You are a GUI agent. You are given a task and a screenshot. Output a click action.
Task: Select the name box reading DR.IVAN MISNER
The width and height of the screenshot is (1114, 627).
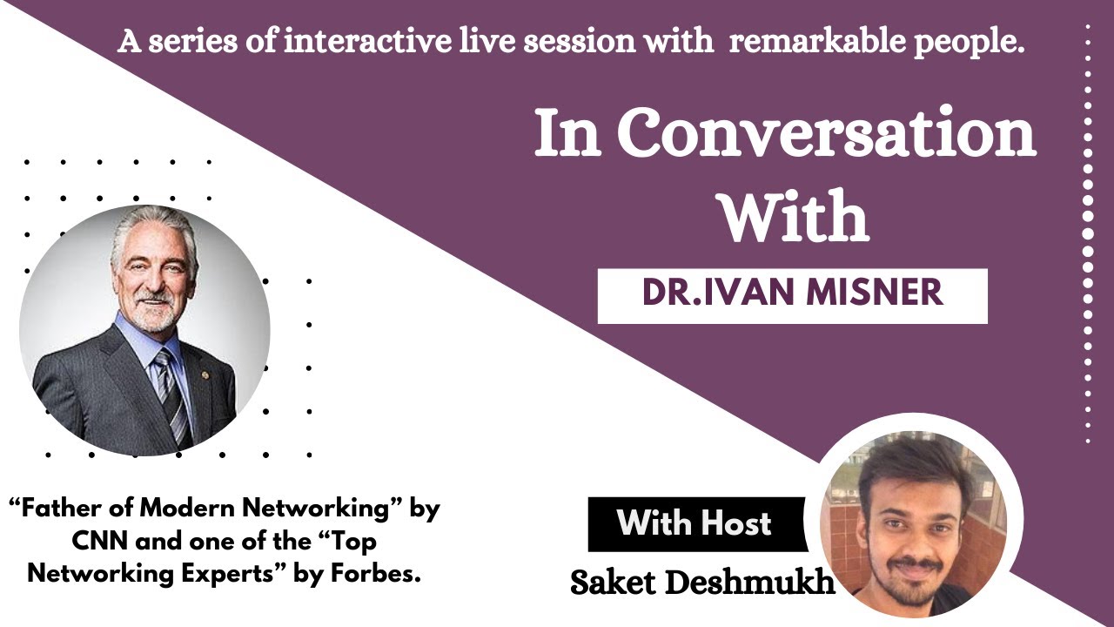click(792, 294)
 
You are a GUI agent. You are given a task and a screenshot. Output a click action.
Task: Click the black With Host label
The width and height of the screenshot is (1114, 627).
click(695, 523)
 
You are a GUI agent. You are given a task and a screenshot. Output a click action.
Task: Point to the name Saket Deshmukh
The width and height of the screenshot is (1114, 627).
click(701, 583)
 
